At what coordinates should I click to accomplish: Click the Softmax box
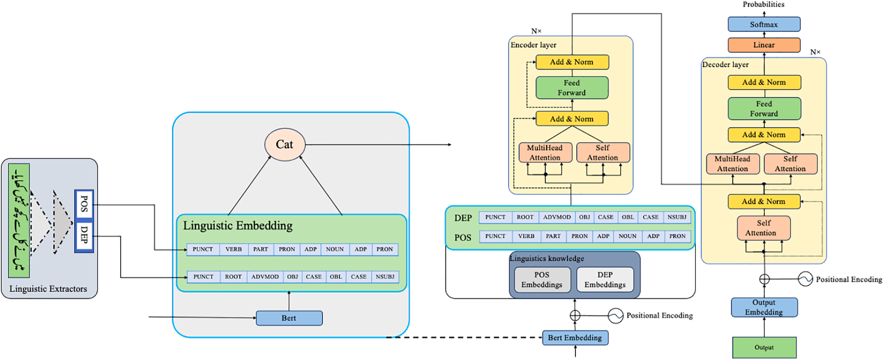[x=763, y=25]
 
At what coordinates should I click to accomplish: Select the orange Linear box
[x=763, y=45]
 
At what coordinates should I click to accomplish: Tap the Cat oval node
[x=284, y=144]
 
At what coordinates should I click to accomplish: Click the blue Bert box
[x=289, y=318]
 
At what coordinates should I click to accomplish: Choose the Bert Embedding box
[x=575, y=338]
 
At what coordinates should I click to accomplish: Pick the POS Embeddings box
[x=542, y=280]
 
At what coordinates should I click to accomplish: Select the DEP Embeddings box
[x=605, y=280]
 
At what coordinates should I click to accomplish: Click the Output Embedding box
[x=764, y=308]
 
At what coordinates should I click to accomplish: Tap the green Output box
[x=764, y=347]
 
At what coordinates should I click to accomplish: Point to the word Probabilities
[x=763, y=5]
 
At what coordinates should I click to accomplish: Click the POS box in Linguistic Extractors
[x=84, y=204]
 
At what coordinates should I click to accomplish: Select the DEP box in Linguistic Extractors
[x=84, y=235]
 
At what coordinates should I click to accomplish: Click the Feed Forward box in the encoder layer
[x=572, y=88]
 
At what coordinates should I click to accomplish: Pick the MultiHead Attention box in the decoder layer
[x=732, y=164]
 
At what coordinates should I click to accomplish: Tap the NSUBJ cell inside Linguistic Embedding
[x=385, y=276]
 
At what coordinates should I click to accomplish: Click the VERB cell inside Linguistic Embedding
[x=233, y=249]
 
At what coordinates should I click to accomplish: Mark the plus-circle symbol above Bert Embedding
[x=575, y=315]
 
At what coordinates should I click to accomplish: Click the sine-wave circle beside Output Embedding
[x=805, y=279]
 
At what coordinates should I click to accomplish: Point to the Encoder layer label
[x=533, y=45]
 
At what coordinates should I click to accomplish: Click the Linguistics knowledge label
[x=547, y=258]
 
